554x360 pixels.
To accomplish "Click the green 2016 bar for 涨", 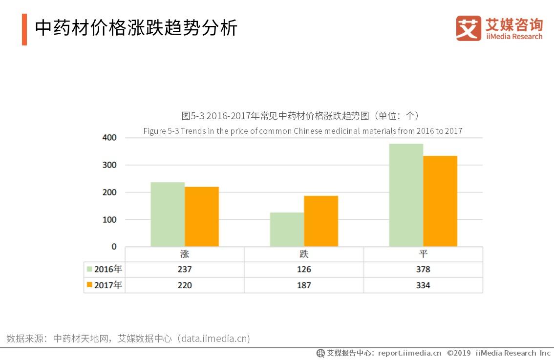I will click(168, 214).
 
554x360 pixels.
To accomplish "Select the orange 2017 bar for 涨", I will click(202, 216).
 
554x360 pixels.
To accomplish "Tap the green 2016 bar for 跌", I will click(287, 229).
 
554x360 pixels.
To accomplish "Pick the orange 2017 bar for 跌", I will click(321, 221).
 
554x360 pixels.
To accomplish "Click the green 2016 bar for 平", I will click(406, 195).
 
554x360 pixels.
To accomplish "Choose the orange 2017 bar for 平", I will click(440, 201).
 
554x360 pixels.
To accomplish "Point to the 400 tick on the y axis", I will click(109, 138).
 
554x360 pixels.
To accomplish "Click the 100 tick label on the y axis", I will click(109, 220).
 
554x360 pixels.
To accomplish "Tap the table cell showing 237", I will click(185, 270).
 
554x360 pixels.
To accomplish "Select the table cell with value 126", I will click(304, 270).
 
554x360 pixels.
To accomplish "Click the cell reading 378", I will click(423, 270).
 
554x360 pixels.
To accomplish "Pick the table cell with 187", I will click(304, 285).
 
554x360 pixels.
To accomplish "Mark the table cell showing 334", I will click(423, 285).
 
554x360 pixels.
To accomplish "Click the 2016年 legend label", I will click(108, 269).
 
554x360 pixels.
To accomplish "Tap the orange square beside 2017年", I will click(89, 285).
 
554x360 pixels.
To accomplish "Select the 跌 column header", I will click(304, 254).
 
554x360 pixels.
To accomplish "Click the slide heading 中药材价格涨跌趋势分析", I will click(136, 28).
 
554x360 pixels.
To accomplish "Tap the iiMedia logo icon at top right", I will click(468, 28).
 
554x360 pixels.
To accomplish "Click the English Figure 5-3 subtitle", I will click(302, 131).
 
